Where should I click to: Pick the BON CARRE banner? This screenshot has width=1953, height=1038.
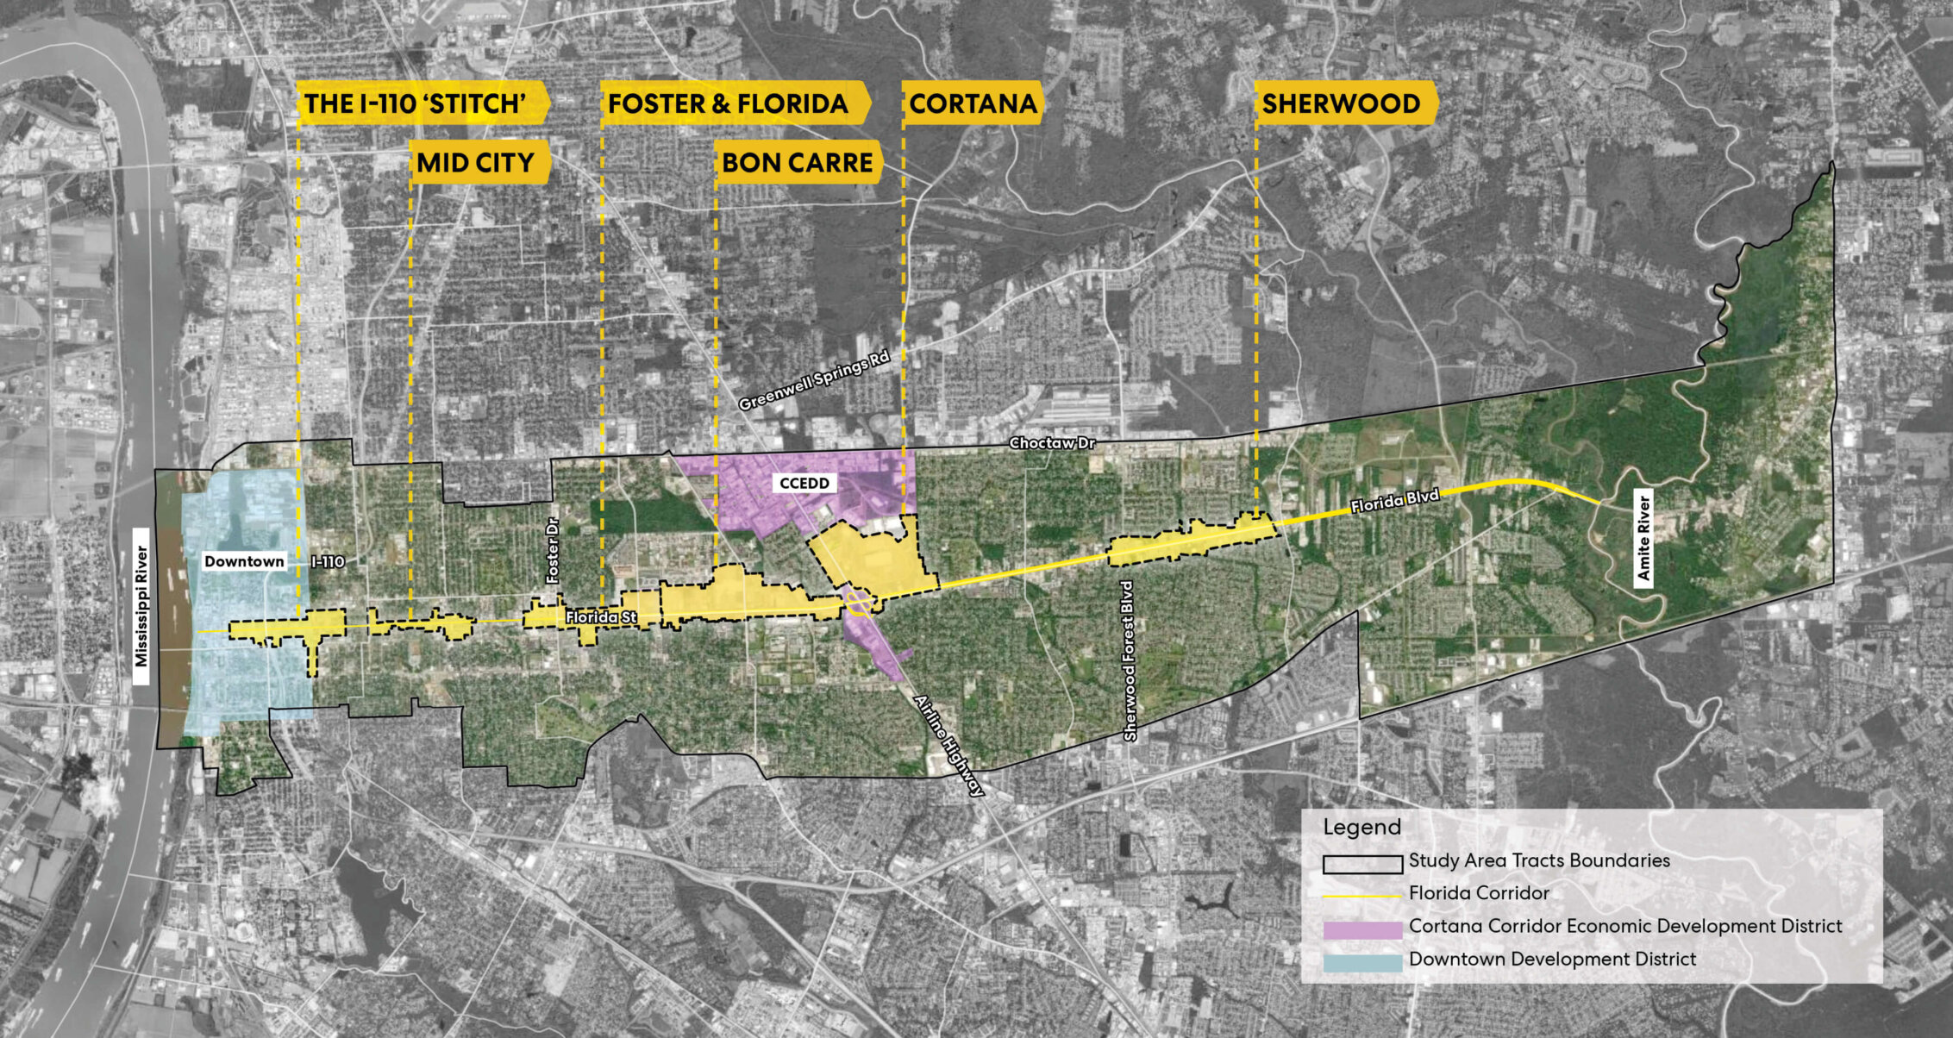point(798,162)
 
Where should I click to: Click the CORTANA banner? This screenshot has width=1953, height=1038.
point(973,103)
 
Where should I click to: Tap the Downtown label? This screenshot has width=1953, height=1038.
point(244,561)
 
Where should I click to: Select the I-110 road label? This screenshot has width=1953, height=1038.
point(328,562)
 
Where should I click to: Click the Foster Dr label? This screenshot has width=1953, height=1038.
point(553,550)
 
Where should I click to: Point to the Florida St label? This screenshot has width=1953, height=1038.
point(601,617)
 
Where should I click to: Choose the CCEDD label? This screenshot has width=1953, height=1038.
point(804,483)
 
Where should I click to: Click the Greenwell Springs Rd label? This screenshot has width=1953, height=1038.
point(813,380)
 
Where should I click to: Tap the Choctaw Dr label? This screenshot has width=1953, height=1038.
point(1052,443)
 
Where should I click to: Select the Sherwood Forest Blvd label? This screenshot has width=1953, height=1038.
point(1129,661)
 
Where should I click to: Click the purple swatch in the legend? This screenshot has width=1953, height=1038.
point(1362,929)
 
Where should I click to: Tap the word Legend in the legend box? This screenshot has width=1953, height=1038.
point(1361,827)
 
